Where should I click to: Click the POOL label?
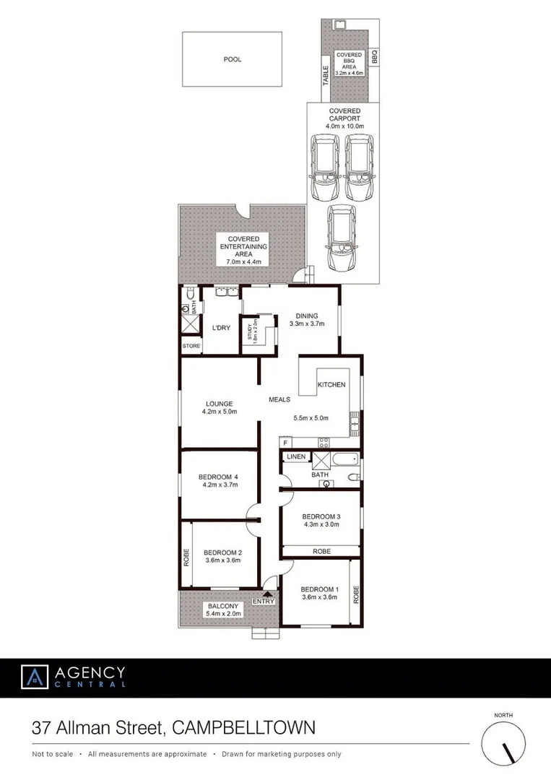click(x=232, y=59)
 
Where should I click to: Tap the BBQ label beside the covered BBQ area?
click(x=374, y=58)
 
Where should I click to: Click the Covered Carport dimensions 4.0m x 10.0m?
click(x=344, y=126)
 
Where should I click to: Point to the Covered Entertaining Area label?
click(x=243, y=249)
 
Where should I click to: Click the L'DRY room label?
click(x=221, y=327)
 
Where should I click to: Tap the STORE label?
click(x=191, y=347)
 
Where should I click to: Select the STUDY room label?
click(x=251, y=331)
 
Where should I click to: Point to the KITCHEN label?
click(x=331, y=385)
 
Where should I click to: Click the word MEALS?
click(x=279, y=399)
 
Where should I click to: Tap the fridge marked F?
click(x=286, y=442)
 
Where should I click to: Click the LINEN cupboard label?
click(x=295, y=457)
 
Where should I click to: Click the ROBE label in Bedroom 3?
click(x=321, y=551)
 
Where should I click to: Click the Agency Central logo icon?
click(x=34, y=677)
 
